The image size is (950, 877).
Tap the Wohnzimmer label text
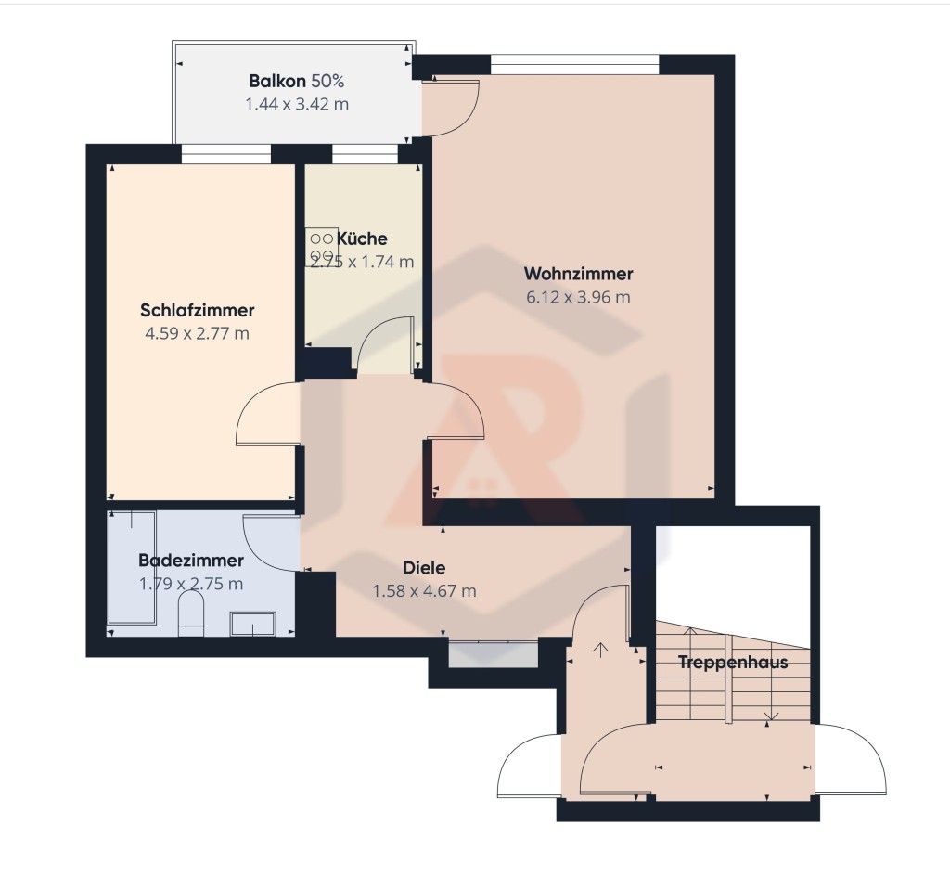click(x=579, y=274)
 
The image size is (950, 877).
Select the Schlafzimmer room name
click(x=198, y=310)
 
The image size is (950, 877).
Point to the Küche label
click(x=362, y=239)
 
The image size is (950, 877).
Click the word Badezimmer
click(x=191, y=560)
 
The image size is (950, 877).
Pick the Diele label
click(x=424, y=568)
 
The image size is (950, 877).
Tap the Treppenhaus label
click(x=733, y=662)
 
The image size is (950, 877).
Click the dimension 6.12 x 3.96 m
click(x=579, y=297)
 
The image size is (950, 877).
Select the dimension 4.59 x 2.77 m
click(x=198, y=333)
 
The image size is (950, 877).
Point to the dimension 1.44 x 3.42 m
click(x=297, y=104)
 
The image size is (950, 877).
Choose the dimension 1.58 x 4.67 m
click(x=424, y=591)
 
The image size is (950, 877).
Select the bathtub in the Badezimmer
click(x=132, y=568)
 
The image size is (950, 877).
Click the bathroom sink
click(x=253, y=624)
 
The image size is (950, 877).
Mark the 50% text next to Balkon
click(x=327, y=81)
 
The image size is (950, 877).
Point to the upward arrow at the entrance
click(x=600, y=651)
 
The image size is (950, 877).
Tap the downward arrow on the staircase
click(x=771, y=716)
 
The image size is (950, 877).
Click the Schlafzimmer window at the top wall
click(x=226, y=154)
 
